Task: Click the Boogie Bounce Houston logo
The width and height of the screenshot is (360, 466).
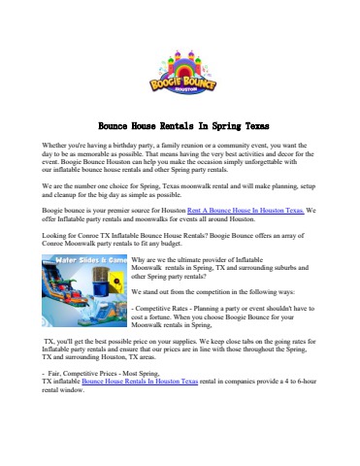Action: tap(180, 71)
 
